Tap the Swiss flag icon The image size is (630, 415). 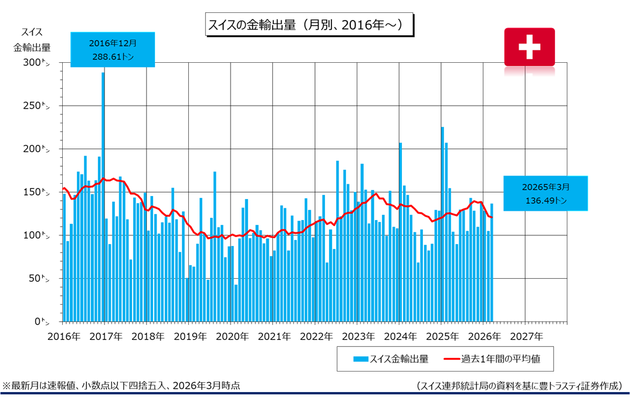click(529, 46)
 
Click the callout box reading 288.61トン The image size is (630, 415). click(113, 49)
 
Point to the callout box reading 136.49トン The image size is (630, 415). click(545, 193)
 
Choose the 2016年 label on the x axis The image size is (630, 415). click(63, 336)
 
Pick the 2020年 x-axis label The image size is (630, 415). click(231, 336)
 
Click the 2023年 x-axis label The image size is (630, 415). click(357, 336)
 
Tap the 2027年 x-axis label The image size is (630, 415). click(526, 336)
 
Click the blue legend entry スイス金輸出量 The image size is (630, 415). click(391, 359)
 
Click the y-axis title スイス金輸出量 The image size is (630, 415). click(32, 40)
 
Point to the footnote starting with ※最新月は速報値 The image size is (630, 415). click(121, 386)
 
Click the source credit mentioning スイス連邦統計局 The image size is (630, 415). click(519, 386)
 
